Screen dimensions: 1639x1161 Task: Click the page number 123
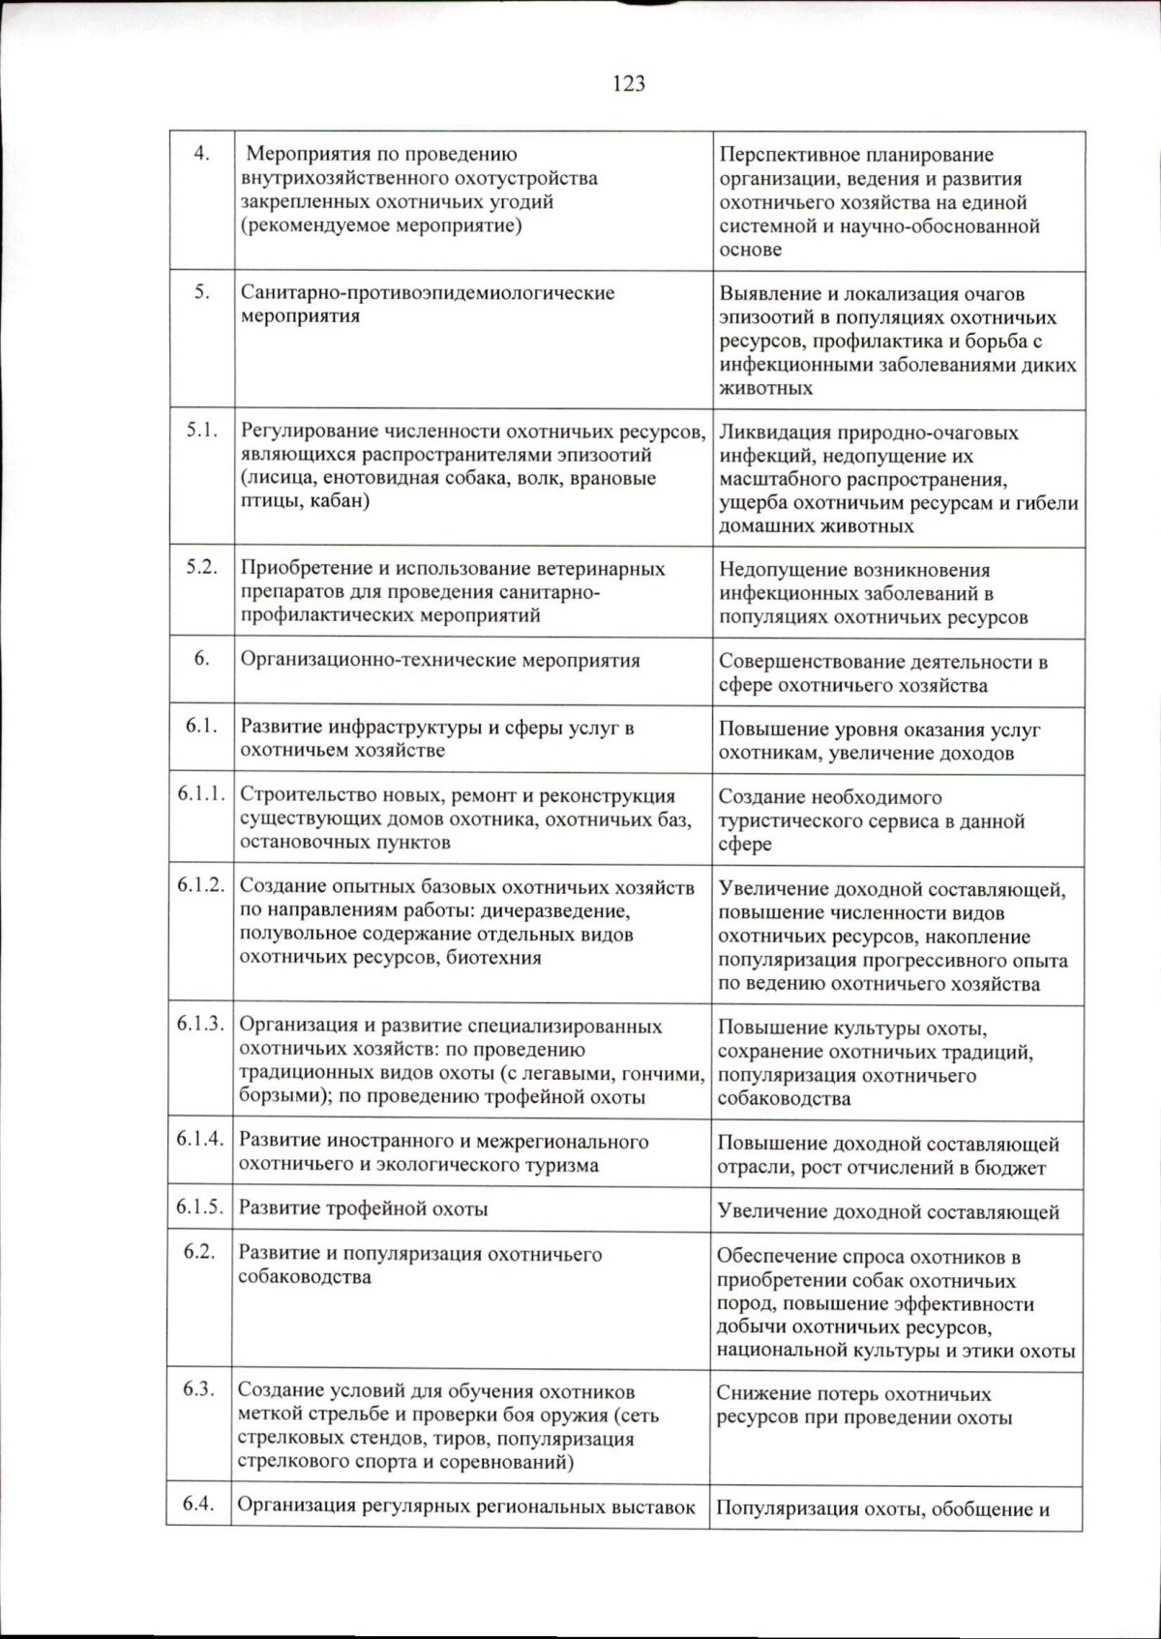(x=629, y=84)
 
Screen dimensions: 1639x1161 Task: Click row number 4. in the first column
(x=201, y=153)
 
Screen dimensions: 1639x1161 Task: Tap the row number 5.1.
(x=201, y=430)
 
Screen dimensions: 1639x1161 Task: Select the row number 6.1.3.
(x=200, y=1024)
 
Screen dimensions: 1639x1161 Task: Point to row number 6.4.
(x=198, y=1504)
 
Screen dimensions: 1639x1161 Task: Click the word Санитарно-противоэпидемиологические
(x=427, y=292)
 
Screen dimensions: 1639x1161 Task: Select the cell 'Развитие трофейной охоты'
(x=363, y=1208)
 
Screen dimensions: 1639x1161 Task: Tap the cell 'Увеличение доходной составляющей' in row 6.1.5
(x=888, y=1211)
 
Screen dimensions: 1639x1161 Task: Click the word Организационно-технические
(x=378, y=661)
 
